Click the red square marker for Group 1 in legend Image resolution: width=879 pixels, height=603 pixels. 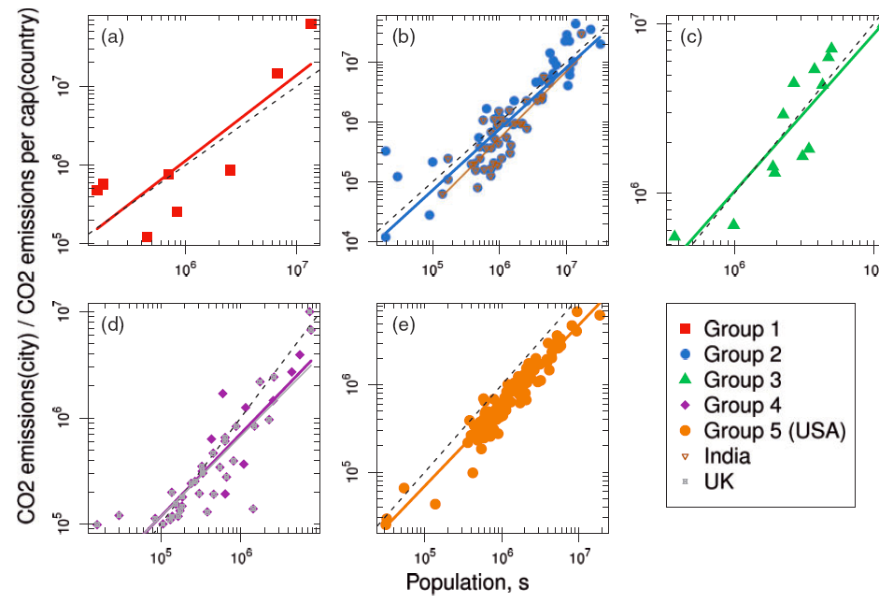pos(685,328)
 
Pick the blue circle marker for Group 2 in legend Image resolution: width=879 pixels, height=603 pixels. pos(685,354)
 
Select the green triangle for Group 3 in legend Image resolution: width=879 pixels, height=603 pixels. pos(685,380)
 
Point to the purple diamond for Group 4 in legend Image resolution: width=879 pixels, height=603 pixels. pos(685,405)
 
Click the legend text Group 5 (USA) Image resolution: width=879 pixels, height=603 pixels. pos(774,431)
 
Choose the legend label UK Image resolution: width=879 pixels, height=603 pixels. pos(718,481)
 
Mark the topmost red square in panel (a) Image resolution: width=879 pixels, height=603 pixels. pos(311,23)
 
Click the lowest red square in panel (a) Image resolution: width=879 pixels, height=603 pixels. pos(147,237)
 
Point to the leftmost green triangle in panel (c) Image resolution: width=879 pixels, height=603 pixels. pos(674,236)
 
